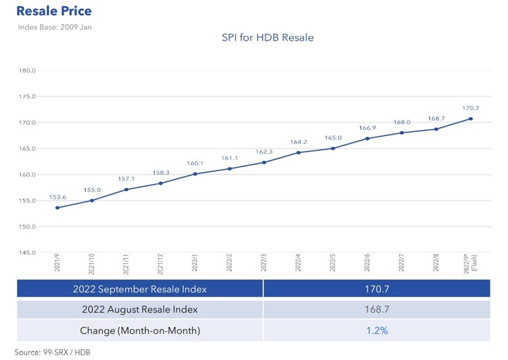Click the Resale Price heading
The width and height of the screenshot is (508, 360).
point(54,12)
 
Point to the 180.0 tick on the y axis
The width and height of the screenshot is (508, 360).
point(28,70)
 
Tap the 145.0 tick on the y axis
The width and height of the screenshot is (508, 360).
point(28,252)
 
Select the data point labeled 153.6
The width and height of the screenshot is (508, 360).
point(58,208)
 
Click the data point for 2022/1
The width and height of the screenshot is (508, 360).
point(195,174)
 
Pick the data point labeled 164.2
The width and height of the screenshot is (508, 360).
point(299,152)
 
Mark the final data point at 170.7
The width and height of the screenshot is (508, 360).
point(471,119)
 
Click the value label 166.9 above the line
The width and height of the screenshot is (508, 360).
point(368,128)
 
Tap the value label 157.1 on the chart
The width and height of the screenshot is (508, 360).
point(127,179)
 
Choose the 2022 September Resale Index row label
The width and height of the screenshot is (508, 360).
point(140,289)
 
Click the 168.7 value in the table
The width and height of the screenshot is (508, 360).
point(376,310)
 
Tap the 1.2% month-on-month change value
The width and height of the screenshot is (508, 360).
point(376,331)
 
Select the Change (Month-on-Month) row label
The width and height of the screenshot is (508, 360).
point(140,331)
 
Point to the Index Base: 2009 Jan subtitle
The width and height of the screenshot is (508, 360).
point(54,27)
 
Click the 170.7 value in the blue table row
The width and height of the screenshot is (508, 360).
point(376,289)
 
